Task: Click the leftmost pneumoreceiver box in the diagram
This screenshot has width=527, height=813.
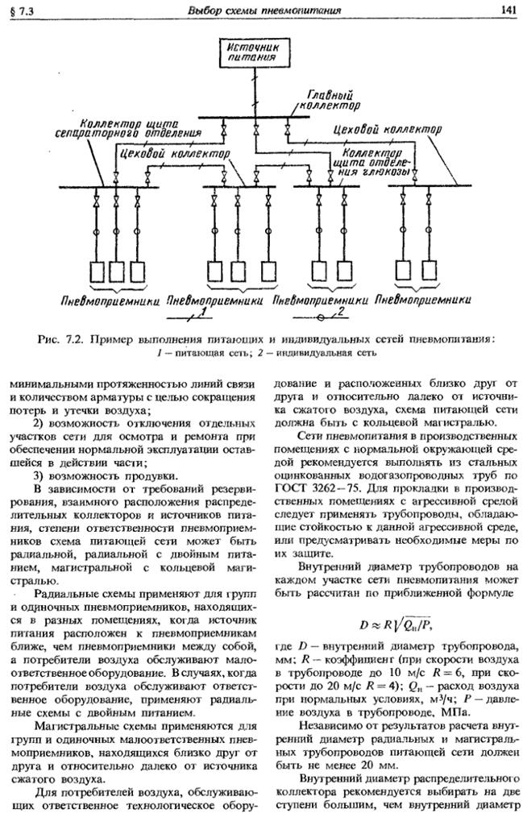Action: tap(97, 272)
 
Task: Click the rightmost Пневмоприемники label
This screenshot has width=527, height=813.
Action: tap(423, 300)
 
